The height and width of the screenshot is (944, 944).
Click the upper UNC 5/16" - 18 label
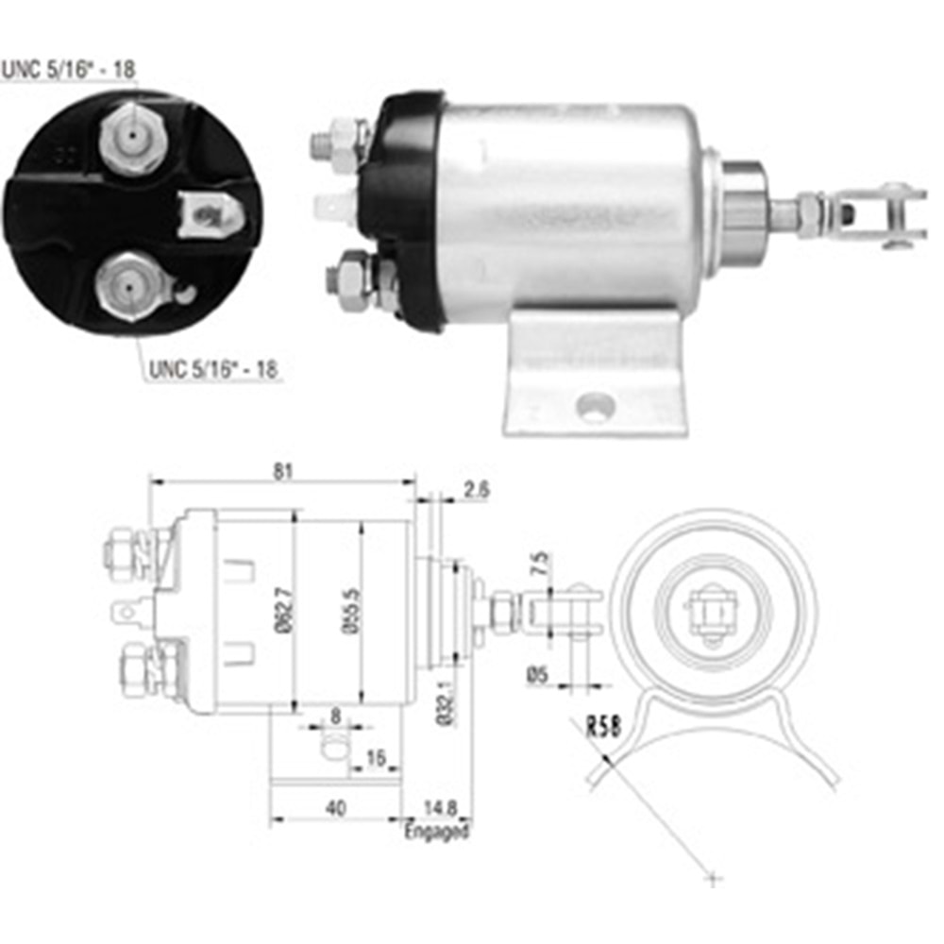[67, 69]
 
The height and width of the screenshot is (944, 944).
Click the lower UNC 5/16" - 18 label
[212, 369]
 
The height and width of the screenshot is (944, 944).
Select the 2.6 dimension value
[477, 488]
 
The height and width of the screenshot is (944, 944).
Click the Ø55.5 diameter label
[351, 609]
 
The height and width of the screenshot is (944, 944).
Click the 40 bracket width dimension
[335, 807]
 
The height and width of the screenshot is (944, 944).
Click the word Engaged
[436, 832]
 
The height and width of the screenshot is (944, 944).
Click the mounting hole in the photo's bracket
[597, 408]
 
